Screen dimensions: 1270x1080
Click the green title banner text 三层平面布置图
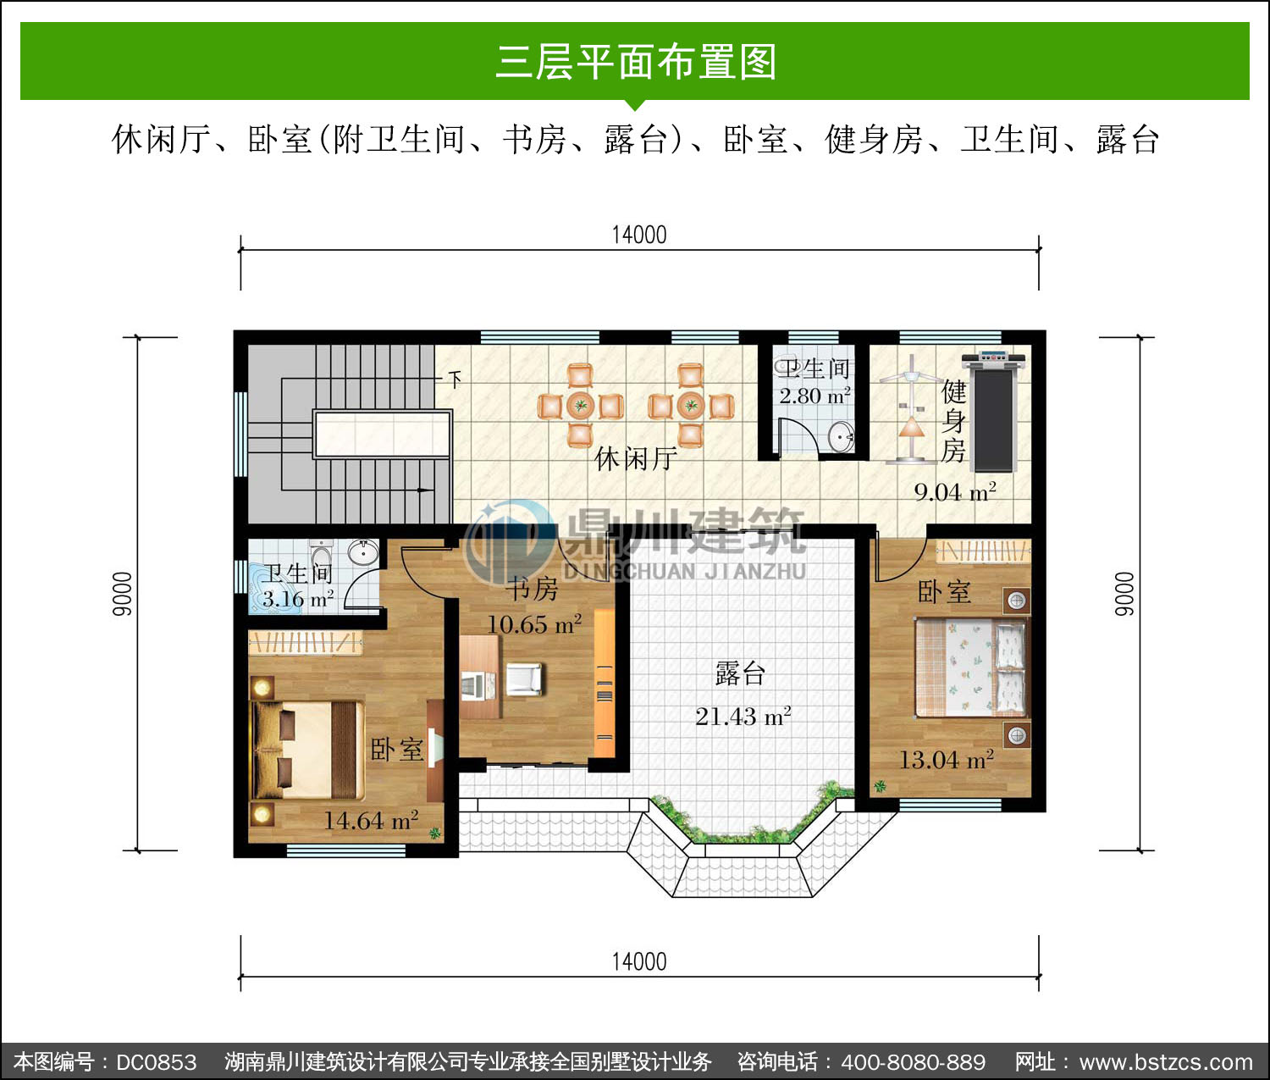(x=636, y=62)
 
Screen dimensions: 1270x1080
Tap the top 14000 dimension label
(x=639, y=235)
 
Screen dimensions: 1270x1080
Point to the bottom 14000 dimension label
(x=639, y=962)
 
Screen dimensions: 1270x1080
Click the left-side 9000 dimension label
(x=122, y=594)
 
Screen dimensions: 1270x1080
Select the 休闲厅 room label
(x=636, y=458)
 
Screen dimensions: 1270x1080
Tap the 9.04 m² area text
(x=955, y=492)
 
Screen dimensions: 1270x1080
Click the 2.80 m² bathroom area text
(x=814, y=396)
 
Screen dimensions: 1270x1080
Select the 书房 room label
(x=532, y=589)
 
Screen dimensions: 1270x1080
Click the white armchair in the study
(x=524, y=679)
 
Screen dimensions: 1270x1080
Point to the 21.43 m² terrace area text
(x=743, y=717)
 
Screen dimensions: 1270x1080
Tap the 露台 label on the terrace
(x=741, y=673)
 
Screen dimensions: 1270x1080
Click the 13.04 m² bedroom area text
(x=947, y=761)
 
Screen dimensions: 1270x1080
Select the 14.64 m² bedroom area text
(x=371, y=821)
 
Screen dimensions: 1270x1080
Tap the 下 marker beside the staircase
(x=455, y=379)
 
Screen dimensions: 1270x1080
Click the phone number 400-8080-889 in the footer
(x=913, y=1061)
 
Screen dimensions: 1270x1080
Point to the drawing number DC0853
(x=156, y=1061)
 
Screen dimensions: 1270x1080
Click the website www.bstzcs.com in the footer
(x=1166, y=1061)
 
